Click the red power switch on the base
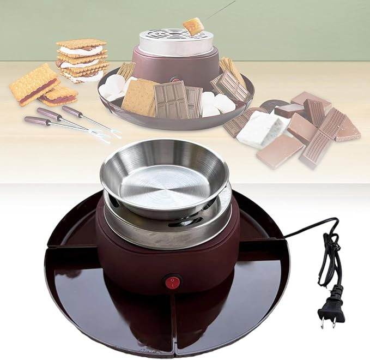(173, 282)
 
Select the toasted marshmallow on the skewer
(193, 25)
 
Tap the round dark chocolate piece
(270, 104)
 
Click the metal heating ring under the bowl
(169, 229)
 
